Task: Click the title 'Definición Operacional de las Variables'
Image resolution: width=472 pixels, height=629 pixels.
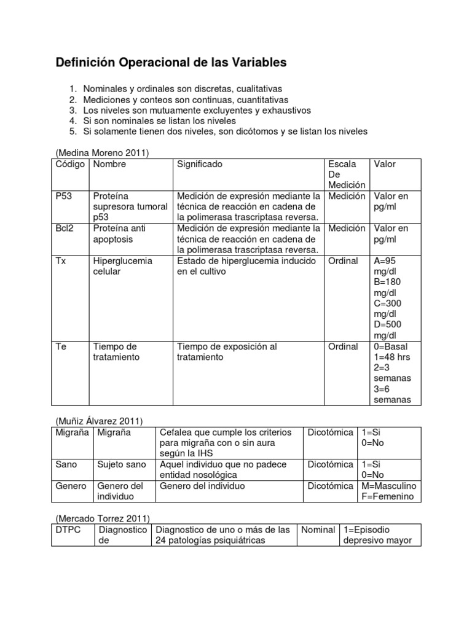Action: [171, 63]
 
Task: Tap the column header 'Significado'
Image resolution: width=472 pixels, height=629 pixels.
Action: [200, 165]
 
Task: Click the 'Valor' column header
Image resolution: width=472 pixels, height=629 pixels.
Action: [385, 165]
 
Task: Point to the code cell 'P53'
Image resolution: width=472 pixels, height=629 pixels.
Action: [64, 197]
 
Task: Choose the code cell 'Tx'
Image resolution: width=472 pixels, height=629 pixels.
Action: [61, 260]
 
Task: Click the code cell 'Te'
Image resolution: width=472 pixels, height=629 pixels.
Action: [61, 346]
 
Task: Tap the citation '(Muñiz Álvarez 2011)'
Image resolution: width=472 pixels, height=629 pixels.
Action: [98, 421]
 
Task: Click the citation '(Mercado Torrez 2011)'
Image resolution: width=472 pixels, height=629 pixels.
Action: [103, 518]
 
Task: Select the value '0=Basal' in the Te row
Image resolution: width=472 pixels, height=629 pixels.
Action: [391, 346]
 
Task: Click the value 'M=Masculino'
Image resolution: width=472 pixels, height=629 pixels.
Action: [388, 486]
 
